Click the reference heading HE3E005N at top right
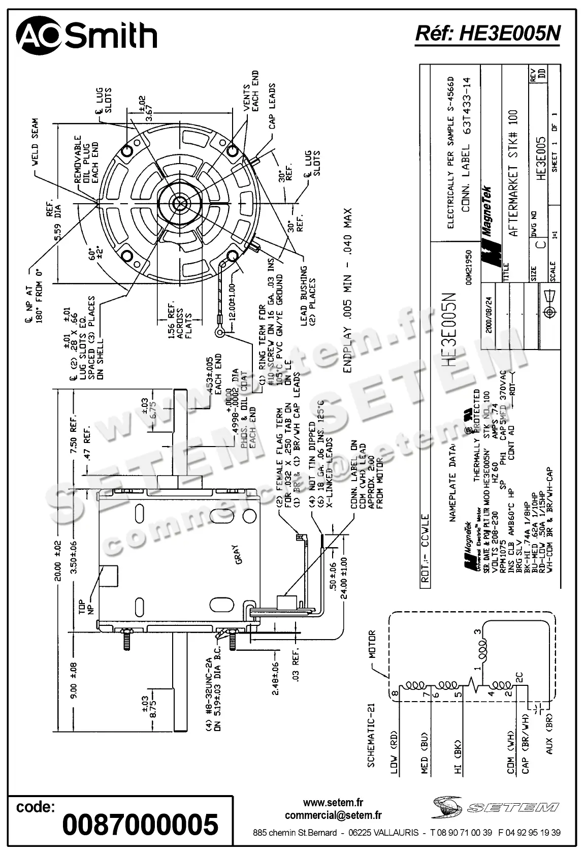[x=487, y=34]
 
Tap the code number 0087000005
[x=140, y=824]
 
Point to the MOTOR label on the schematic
[x=372, y=644]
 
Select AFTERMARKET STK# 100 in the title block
[x=513, y=173]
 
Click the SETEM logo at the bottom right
[x=495, y=807]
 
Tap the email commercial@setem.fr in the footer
[x=333, y=815]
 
